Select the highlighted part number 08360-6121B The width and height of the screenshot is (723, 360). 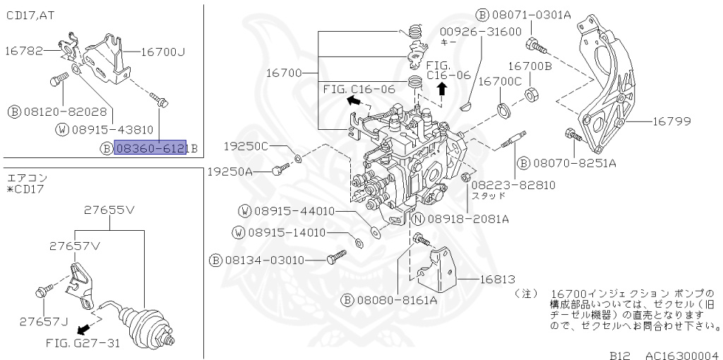click(150, 148)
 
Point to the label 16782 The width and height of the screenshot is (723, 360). click(25, 50)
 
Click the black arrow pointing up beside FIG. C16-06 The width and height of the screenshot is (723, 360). click(442, 88)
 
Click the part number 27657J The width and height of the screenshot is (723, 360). click(44, 321)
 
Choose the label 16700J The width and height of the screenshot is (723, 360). click(162, 51)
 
